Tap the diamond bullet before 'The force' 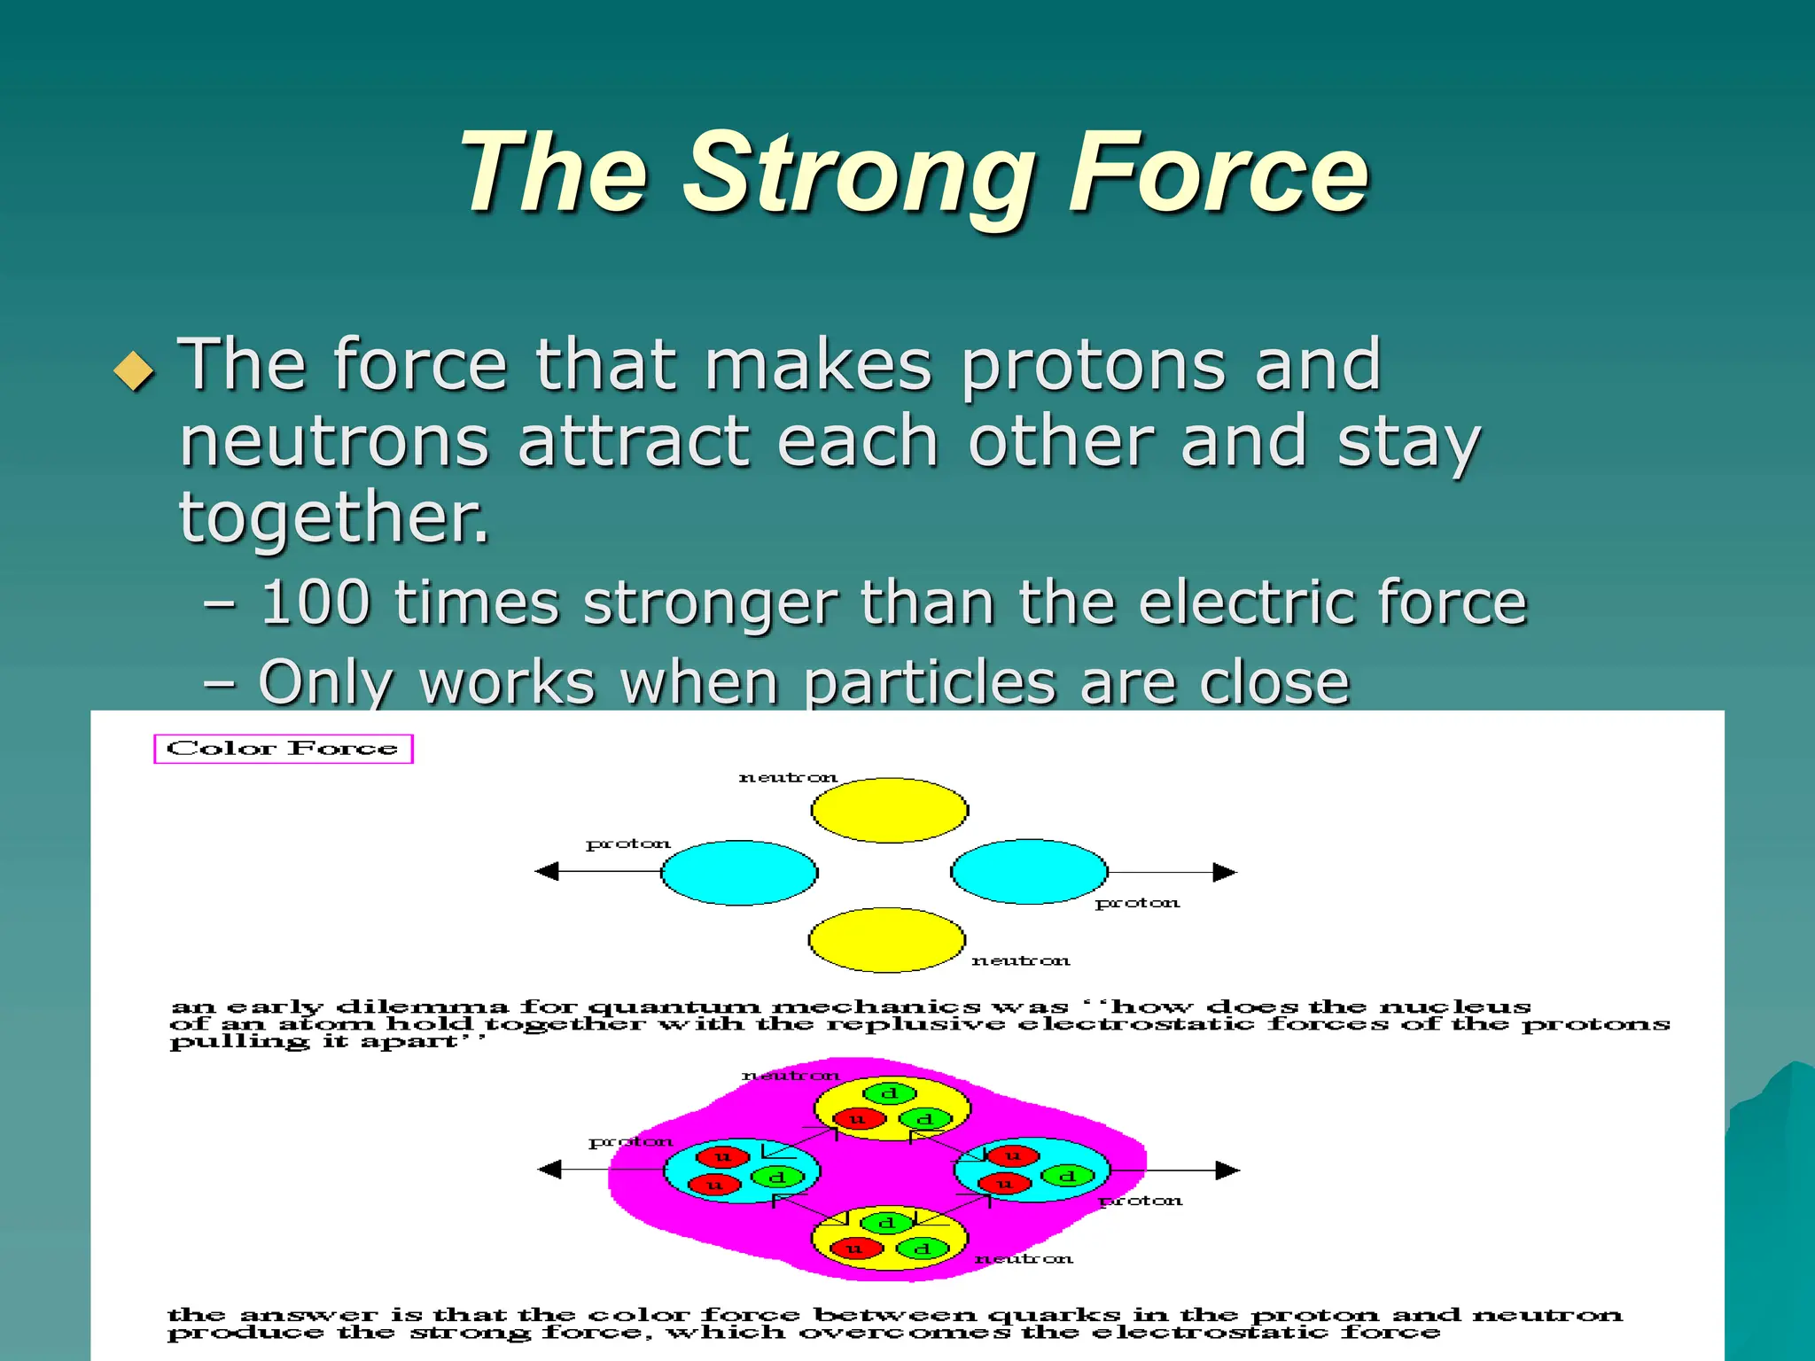coord(135,370)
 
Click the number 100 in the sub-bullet coord(315,603)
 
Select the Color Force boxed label coord(283,749)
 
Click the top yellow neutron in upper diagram coord(889,810)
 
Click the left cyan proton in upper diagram coord(739,873)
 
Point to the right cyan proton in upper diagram coord(1029,872)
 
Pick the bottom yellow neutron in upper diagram coord(886,940)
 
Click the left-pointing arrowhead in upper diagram coord(547,872)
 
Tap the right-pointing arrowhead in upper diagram coord(1225,873)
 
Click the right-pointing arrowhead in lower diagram coord(1227,1170)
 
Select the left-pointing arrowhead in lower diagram coord(549,1170)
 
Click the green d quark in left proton coord(776,1178)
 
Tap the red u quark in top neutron coord(858,1119)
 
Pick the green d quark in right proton coord(1067,1177)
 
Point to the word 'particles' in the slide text coord(930,683)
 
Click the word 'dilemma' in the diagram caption coord(422,1007)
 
